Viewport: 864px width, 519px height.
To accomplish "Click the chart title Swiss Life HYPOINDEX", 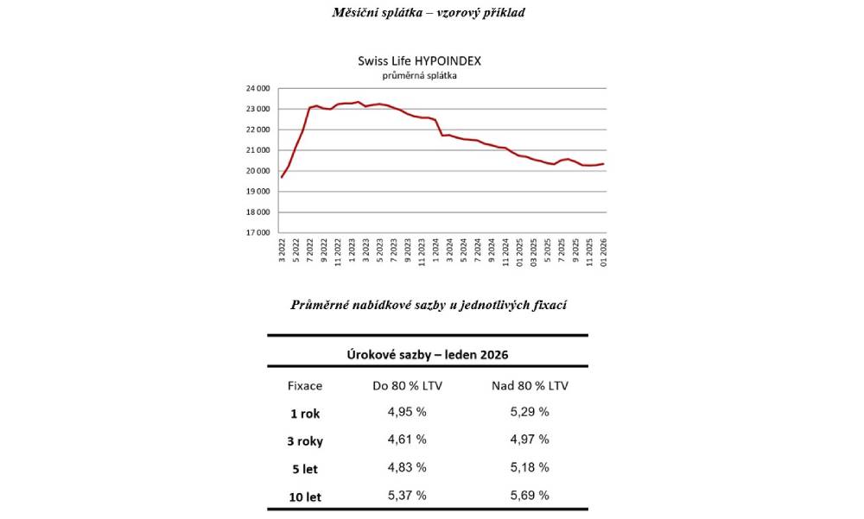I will click(x=420, y=61).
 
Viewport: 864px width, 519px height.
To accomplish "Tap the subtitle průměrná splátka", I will click(x=420, y=75).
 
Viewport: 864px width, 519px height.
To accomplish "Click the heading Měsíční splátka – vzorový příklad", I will click(x=429, y=12).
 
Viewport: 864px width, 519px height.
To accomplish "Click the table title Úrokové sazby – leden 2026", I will click(x=428, y=355).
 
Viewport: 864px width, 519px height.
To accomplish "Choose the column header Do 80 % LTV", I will click(x=407, y=385).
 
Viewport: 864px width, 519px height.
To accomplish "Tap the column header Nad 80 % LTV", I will click(x=530, y=385).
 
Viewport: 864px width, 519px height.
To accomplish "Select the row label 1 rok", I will click(x=304, y=414).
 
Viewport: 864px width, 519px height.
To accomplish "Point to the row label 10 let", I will click(x=304, y=497).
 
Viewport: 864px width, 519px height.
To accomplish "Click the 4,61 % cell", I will click(x=407, y=440).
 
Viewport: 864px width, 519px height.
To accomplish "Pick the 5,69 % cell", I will click(x=530, y=495).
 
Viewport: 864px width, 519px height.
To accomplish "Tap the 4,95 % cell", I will click(x=407, y=412).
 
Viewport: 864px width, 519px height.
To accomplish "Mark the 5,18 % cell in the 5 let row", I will click(x=530, y=467).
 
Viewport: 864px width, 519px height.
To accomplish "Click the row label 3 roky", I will click(x=304, y=441).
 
